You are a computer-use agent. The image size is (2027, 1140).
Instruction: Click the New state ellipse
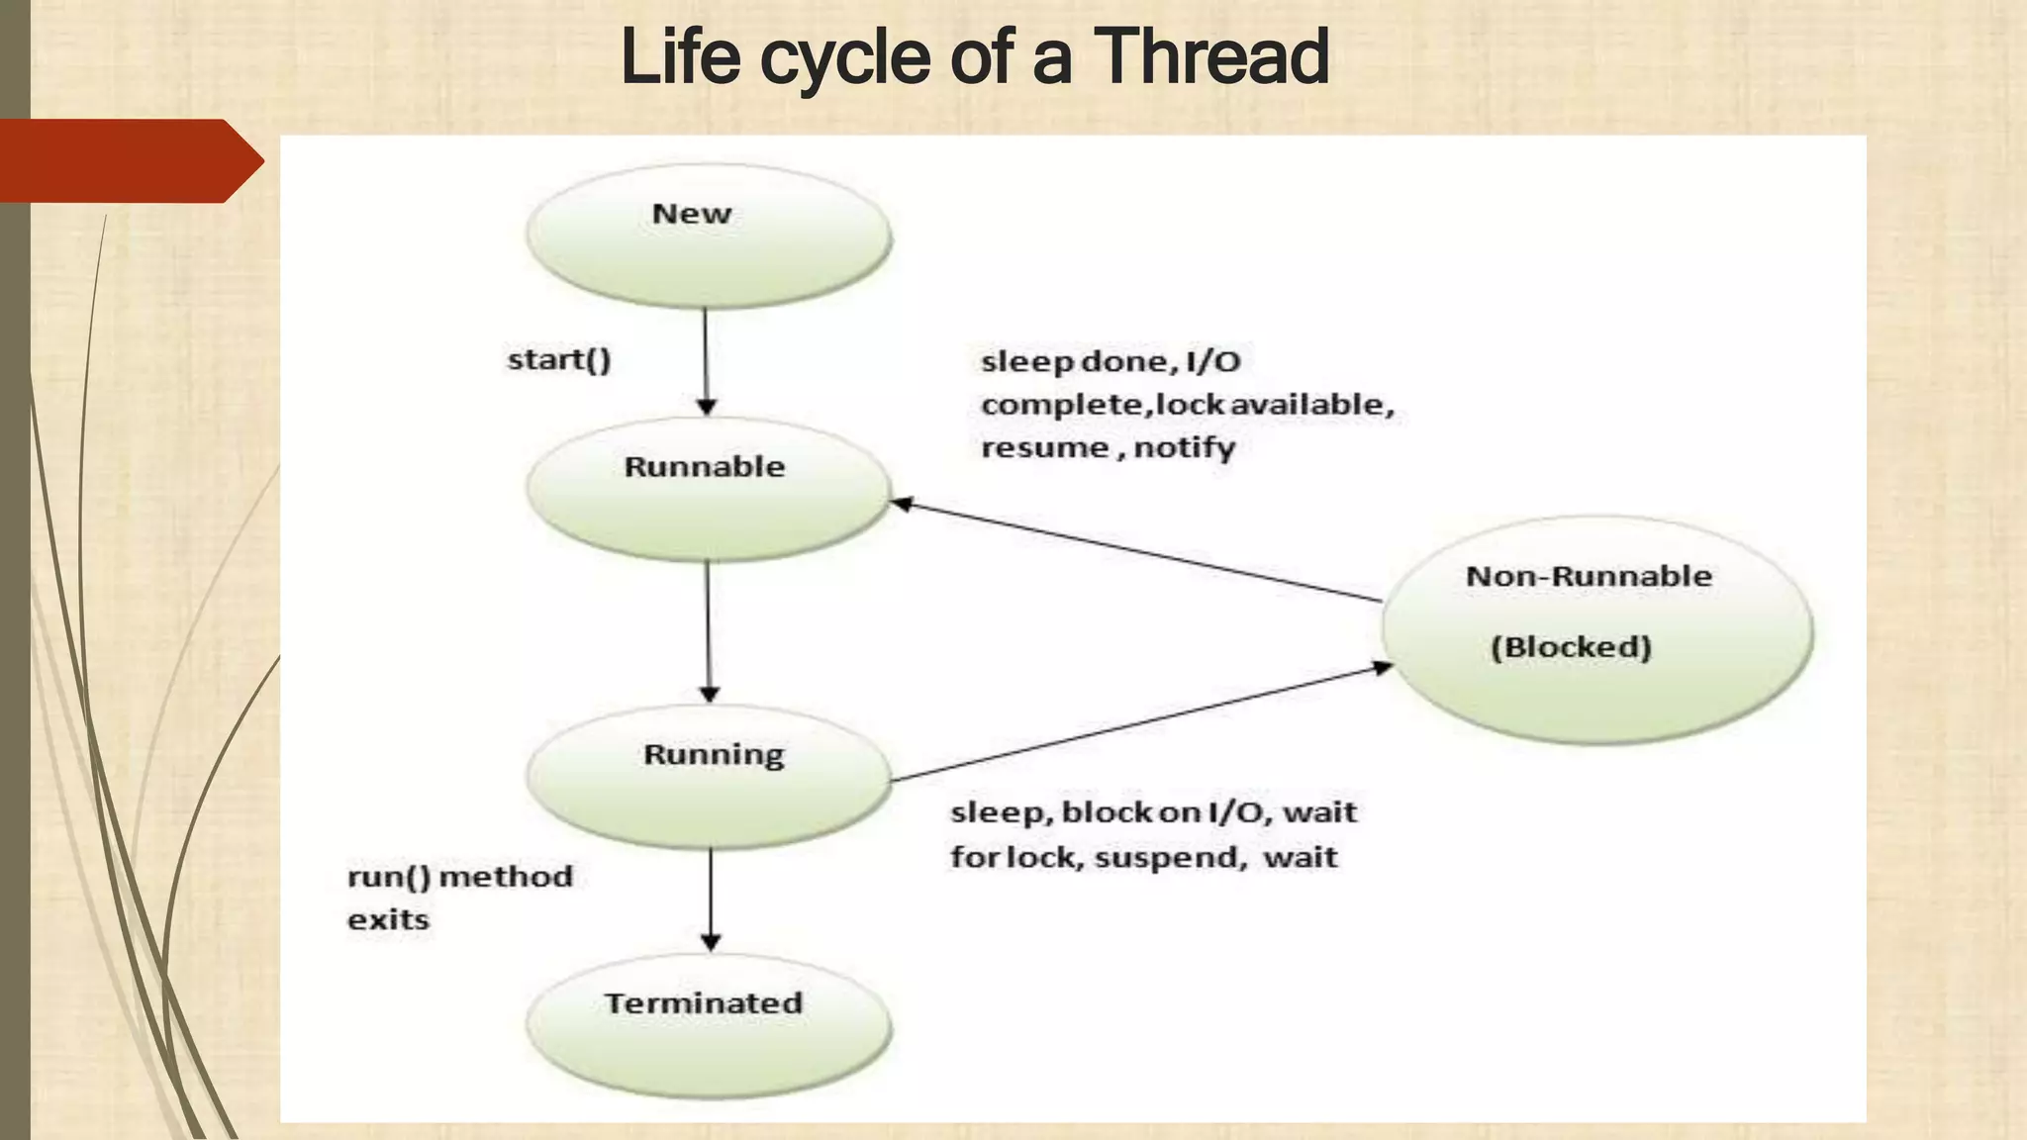pos(709,236)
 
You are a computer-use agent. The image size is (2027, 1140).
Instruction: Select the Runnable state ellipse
pos(709,489)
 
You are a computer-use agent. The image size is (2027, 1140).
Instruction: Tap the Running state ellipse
pos(709,776)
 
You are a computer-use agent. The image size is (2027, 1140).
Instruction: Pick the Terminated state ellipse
pos(709,1025)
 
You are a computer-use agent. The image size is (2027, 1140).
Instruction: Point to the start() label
pos(559,359)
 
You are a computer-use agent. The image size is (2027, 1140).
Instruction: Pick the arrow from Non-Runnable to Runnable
pos(1138,551)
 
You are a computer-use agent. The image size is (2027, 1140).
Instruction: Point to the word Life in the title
pos(680,57)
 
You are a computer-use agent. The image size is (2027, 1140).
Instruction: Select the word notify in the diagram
pos(1184,448)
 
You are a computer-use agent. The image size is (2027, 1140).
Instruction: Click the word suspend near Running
pos(1170,857)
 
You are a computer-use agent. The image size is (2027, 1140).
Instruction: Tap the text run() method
pos(460,877)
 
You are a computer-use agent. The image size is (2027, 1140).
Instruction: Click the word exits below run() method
pos(388,920)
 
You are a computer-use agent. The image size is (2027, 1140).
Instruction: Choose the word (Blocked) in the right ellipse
pos(1571,647)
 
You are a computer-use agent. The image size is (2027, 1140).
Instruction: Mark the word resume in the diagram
pos(1045,448)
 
